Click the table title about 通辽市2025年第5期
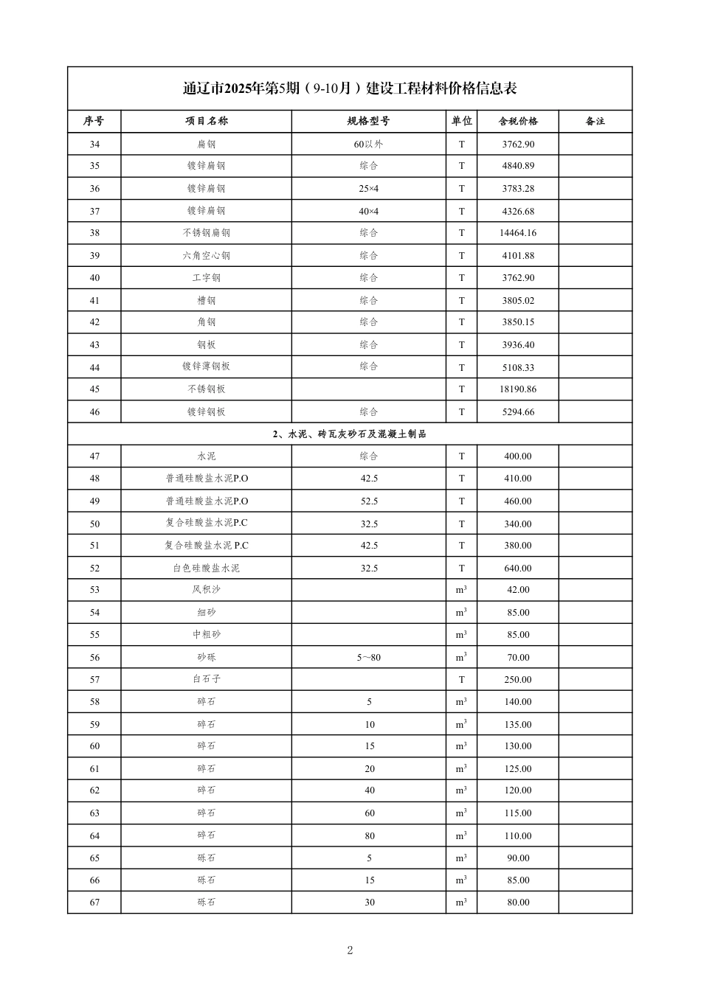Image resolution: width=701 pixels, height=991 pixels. pos(350,88)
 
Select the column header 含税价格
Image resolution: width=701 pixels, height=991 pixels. pos(518,122)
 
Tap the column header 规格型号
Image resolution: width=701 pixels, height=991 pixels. pos(369,122)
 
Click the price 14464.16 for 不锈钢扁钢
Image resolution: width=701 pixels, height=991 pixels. pos(518,233)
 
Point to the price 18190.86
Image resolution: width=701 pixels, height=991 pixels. pos(518,389)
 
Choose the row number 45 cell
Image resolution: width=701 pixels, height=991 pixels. pos(94,389)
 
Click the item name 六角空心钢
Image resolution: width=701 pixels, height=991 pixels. pos(207,256)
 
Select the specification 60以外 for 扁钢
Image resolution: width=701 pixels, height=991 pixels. pos(369,145)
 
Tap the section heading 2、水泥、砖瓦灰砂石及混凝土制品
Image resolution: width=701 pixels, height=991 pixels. pos(350,434)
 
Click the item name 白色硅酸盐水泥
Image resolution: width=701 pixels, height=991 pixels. pos(207,568)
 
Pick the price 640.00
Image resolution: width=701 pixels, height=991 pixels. pos(518,568)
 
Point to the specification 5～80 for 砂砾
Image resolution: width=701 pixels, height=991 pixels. pos(369,658)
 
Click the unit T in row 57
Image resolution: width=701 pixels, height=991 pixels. pos(462,680)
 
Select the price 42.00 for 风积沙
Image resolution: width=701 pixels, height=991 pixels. pos(518,591)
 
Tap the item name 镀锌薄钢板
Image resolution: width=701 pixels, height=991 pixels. pos(207,367)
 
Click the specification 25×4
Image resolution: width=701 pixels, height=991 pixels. pos(369,189)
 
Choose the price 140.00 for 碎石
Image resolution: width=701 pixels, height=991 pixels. pos(518,702)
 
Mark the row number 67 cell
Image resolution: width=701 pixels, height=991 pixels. pos(94,903)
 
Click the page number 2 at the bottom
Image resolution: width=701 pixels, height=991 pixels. pos(350,950)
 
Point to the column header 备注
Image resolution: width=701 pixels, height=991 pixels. pos(595,122)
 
